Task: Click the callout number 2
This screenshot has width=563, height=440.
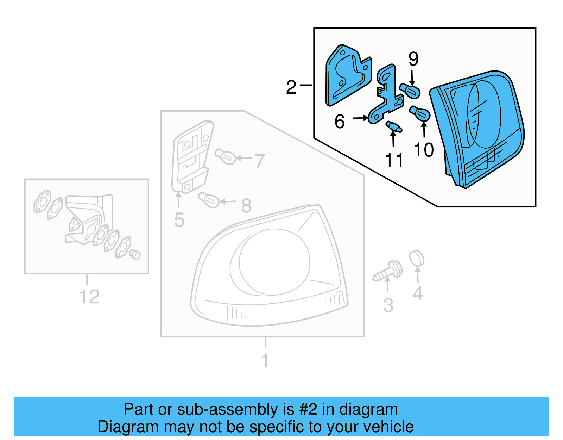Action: pyautogui.click(x=291, y=87)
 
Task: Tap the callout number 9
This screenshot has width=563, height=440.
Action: pyautogui.click(x=413, y=59)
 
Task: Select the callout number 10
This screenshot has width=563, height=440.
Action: pyautogui.click(x=424, y=150)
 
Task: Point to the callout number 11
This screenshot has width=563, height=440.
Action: pyautogui.click(x=394, y=160)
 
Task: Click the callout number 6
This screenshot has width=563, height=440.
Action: pyautogui.click(x=340, y=122)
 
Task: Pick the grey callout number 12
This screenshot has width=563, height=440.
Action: pyautogui.click(x=89, y=297)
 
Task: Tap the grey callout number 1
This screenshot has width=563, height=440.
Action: pyautogui.click(x=265, y=360)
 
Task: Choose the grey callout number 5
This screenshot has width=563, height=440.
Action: pyautogui.click(x=179, y=220)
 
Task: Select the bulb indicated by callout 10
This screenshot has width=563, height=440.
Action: pyautogui.click(x=420, y=114)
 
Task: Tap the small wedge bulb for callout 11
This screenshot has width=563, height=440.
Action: pyautogui.click(x=394, y=126)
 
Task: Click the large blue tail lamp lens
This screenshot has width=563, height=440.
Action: pyautogui.click(x=479, y=127)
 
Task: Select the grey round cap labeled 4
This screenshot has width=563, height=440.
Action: pyautogui.click(x=417, y=259)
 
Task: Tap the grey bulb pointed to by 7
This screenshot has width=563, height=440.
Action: pyautogui.click(x=226, y=156)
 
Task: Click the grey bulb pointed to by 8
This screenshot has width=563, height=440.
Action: pyautogui.click(x=209, y=200)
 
